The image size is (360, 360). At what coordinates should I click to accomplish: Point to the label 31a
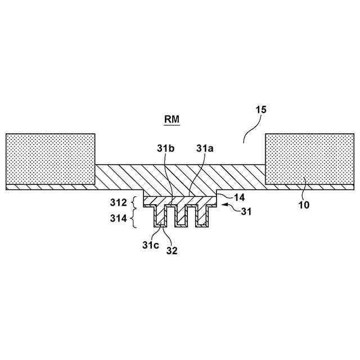[205, 148]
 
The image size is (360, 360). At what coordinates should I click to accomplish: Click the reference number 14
[240, 198]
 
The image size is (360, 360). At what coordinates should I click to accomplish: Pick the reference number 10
[304, 205]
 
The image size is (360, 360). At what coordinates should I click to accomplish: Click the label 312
[119, 201]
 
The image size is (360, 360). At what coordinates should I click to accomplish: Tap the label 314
[119, 217]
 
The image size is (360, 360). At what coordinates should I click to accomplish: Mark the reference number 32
[172, 251]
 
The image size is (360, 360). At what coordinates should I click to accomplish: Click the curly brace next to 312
[134, 201]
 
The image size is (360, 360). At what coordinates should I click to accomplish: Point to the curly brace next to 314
[134, 218]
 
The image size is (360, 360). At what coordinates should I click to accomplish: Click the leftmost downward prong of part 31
[160, 217]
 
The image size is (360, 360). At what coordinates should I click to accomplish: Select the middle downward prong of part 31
[181, 217]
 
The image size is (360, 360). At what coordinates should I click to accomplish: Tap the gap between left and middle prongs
[170, 215]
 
